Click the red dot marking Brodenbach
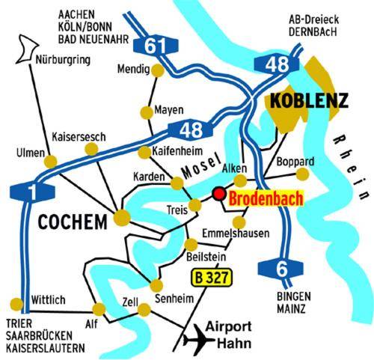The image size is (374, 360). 218,194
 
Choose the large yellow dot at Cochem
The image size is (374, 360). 121,218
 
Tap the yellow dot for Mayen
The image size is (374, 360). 147,113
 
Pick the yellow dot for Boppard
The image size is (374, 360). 302,174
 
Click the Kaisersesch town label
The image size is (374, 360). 78,136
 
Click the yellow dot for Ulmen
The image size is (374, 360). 51,162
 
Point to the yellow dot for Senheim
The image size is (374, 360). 156,285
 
